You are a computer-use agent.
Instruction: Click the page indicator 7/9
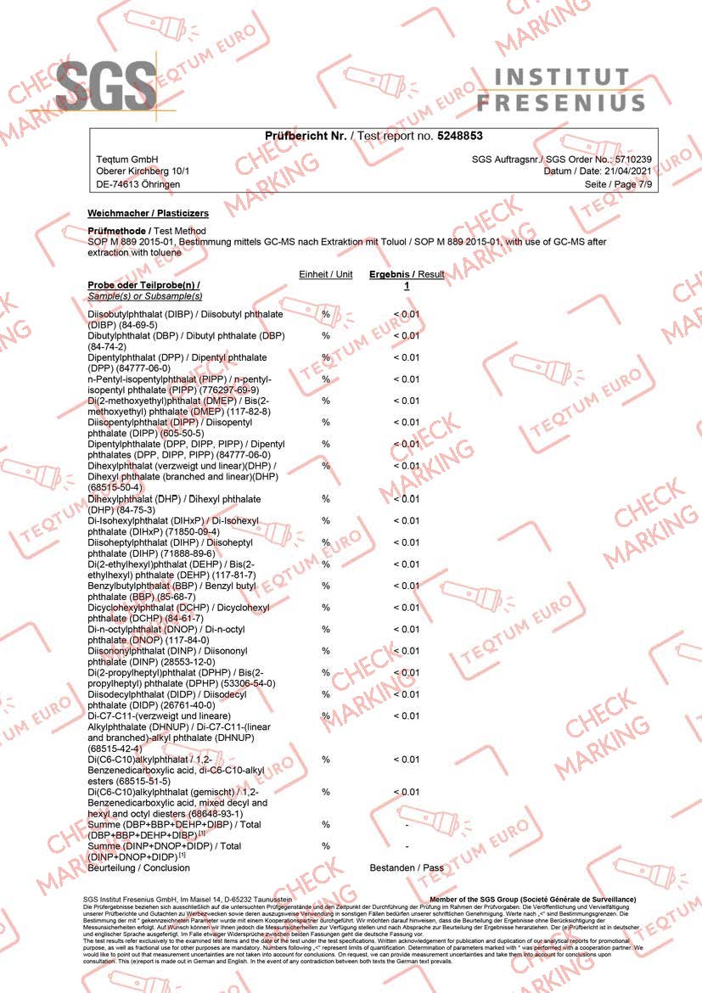coord(642,184)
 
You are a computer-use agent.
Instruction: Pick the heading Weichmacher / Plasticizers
coord(148,214)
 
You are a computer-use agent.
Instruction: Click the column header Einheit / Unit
coord(325,275)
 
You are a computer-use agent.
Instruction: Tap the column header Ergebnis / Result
coord(406,275)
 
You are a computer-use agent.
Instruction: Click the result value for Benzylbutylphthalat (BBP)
coord(406,586)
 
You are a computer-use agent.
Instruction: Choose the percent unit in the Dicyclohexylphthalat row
coord(325,607)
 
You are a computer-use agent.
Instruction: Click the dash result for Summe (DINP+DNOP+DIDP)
coord(407,846)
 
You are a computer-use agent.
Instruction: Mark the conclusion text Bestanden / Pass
coord(407,868)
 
